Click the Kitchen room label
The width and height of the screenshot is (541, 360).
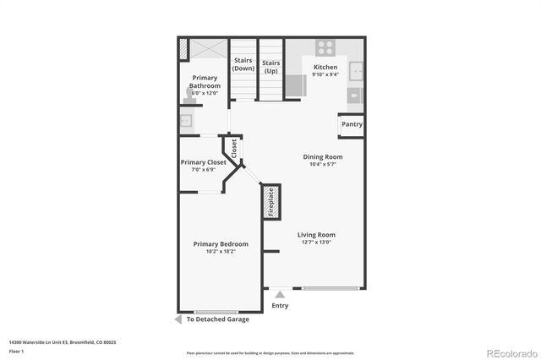tap(325, 67)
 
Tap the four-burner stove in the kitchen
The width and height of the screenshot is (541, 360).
tap(325, 47)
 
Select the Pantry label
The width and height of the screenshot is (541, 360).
tap(352, 124)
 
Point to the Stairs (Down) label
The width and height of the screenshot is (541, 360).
tap(243, 65)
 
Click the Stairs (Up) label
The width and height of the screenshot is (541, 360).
tap(270, 67)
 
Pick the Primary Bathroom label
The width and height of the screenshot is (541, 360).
tap(205, 82)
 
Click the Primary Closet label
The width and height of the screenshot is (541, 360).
tap(204, 162)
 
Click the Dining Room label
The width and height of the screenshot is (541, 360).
tap(323, 156)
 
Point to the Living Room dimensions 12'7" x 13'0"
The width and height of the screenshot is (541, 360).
tap(318, 243)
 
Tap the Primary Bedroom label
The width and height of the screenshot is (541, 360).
tap(216, 243)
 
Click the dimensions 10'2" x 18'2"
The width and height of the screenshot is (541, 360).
tap(216, 252)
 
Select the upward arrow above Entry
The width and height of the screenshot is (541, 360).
tap(280, 295)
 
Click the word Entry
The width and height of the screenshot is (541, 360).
tap(280, 305)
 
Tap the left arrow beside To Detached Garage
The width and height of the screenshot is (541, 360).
tap(178, 319)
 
